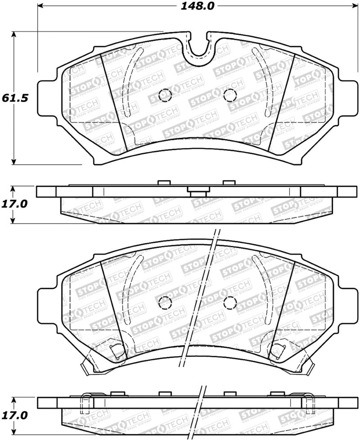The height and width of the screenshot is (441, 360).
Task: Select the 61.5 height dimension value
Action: [x=12, y=98]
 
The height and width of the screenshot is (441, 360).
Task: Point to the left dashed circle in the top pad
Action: [x=166, y=95]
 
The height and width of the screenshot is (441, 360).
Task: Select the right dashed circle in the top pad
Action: [x=230, y=95]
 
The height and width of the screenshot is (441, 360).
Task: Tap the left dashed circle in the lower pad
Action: [x=166, y=303]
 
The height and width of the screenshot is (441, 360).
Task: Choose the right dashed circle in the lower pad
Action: [x=230, y=303]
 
